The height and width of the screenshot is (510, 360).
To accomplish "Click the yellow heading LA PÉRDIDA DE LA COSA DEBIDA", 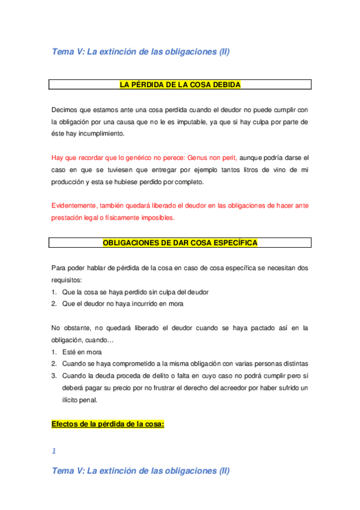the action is (180, 85).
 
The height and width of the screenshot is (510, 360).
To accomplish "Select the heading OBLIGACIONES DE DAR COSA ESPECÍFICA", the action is (180, 243).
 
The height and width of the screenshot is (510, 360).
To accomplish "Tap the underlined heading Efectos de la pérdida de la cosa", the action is (108, 424).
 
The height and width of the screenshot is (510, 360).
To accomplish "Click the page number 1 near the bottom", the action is (53, 451).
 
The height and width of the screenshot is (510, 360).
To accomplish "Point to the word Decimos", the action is (64, 109).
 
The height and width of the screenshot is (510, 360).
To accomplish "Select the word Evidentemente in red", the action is (75, 206).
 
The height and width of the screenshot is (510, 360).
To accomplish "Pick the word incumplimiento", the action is (95, 134).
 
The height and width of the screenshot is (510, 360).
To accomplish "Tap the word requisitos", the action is (67, 280).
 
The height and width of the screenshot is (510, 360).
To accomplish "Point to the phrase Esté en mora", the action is (82, 352).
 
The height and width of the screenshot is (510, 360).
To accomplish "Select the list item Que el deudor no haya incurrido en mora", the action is (123, 304).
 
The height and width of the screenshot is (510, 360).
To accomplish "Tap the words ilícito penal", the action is (79, 400).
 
